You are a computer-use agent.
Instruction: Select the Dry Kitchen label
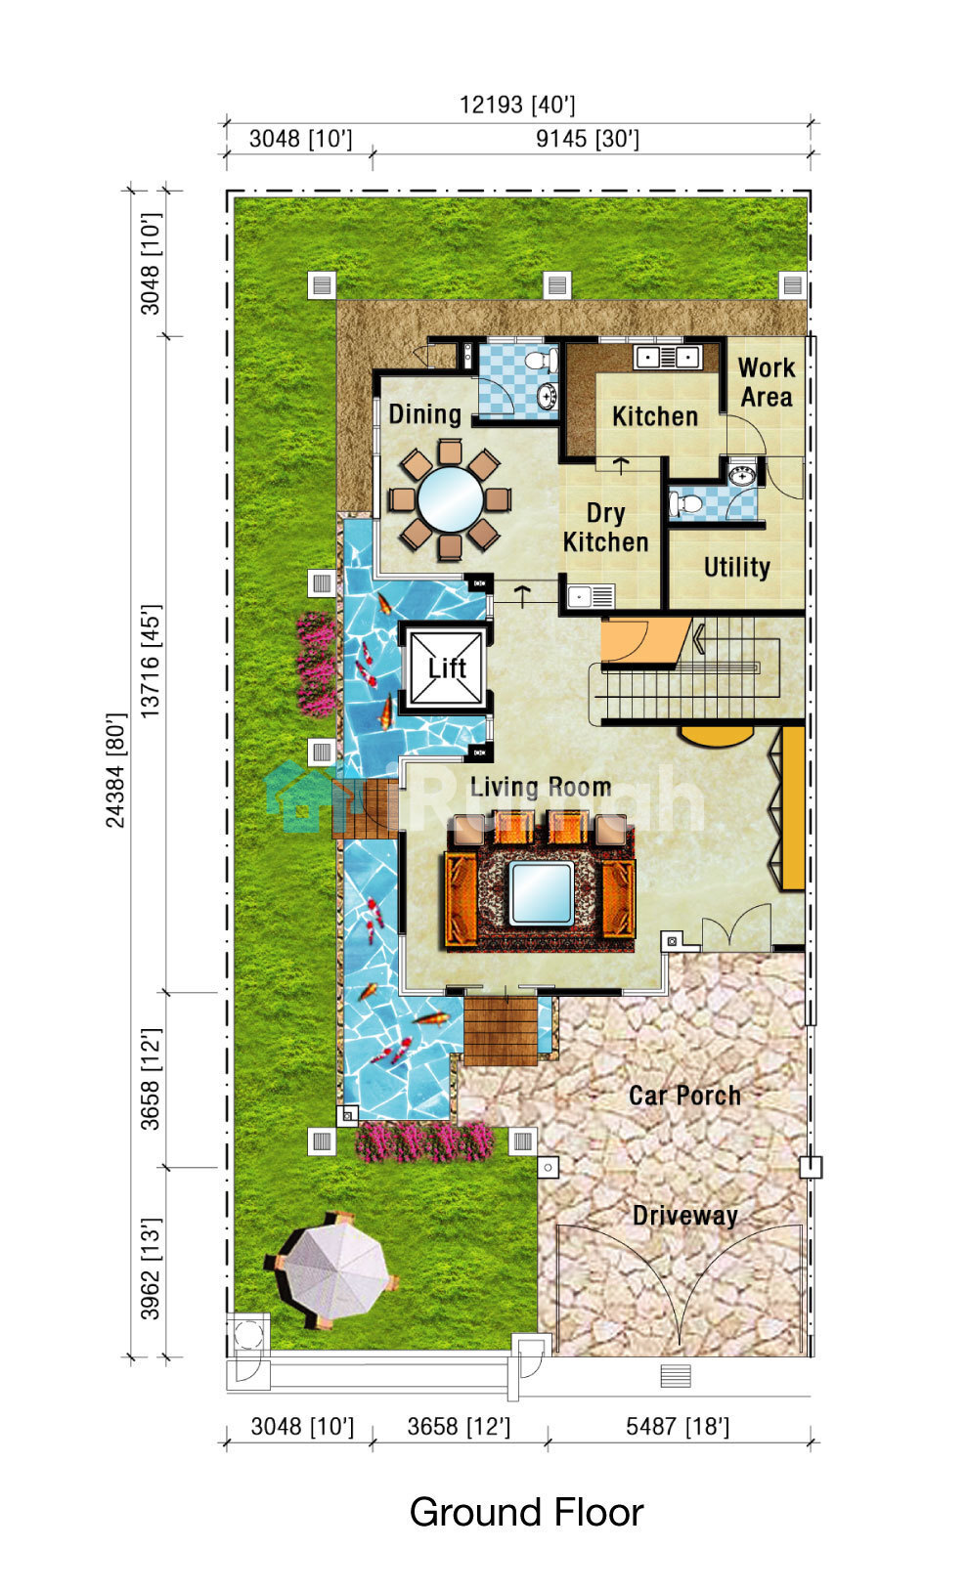tap(606, 528)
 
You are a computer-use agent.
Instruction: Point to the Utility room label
tap(737, 567)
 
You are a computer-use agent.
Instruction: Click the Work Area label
tap(767, 382)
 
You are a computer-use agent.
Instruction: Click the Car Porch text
tap(684, 1096)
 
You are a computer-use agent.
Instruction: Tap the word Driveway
tap(684, 1216)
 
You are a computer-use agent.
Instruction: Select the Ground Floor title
tap(526, 1512)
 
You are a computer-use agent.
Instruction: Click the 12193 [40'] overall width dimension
tap(517, 106)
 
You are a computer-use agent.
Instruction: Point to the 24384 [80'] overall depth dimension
tap(115, 771)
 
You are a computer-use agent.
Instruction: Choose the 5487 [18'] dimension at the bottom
tap(677, 1427)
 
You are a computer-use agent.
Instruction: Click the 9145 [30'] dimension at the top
tap(588, 139)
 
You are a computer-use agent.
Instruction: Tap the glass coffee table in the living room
tap(542, 892)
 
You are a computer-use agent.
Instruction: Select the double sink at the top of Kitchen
tap(667, 356)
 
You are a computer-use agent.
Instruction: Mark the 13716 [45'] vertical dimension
tap(150, 661)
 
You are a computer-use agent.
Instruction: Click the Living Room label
tap(541, 787)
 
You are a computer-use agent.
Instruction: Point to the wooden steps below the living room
tap(501, 1030)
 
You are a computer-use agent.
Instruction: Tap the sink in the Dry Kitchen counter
tap(579, 596)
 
